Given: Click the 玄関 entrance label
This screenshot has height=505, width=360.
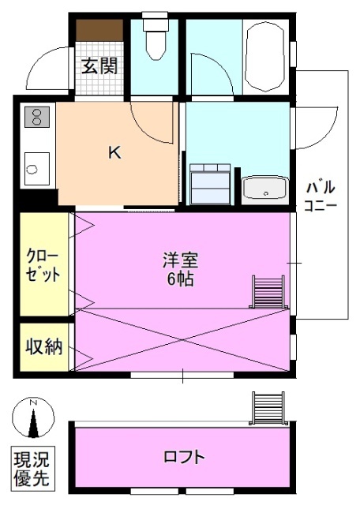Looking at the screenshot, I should click(x=99, y=66).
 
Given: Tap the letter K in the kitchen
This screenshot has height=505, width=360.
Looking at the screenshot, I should click(x=114, y=154).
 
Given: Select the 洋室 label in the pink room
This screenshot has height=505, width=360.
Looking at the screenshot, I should click(x=181, y=260).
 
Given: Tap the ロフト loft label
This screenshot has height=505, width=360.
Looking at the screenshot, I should click(x=184, y=457).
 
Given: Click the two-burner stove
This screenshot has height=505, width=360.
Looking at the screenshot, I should click(x=36, y=118).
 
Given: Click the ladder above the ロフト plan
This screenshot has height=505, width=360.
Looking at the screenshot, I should click(x=267, y=410).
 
